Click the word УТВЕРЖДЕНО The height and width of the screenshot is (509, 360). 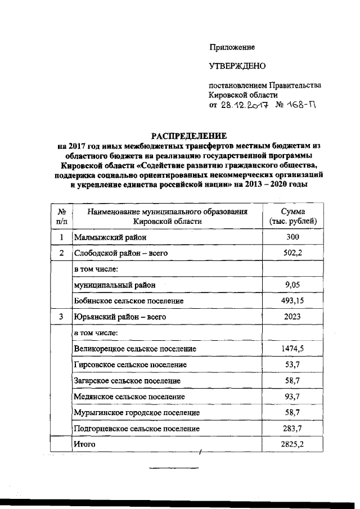(237, 66)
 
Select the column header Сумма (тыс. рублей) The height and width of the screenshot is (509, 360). (292, 216)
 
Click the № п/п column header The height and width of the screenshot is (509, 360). (61, 216)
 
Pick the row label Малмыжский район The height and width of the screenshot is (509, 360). (110, 238)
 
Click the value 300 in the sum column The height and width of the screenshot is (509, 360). (292, 238)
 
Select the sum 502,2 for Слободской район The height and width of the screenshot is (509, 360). (292, 254)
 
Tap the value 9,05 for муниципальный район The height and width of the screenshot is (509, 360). (292, 285)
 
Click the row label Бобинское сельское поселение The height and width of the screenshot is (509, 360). (129, 301)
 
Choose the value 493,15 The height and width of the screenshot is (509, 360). (292, 301)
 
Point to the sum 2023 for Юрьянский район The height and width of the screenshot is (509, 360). (292, 317)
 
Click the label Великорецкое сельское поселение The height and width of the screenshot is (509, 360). (135, 349)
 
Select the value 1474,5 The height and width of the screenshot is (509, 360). (292, 349)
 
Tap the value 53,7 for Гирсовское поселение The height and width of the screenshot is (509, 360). (292, 364)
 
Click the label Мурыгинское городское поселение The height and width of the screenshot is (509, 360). (137, 412)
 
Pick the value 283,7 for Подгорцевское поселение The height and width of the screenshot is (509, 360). (292, 429)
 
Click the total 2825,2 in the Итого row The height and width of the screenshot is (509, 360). (292, 444)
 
